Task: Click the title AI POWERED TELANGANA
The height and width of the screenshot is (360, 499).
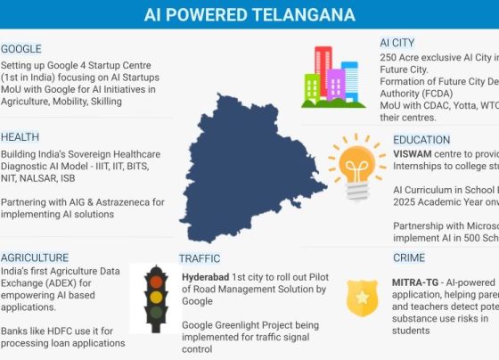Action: pyautogui.click(x=250, y=15)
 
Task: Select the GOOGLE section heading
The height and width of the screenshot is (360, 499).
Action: pyautogui.click(x=21, y=49)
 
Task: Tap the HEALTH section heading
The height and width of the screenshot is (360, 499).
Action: pyautogui.click(x=20, y=137)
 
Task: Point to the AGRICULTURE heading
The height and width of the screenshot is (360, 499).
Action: pyautogui.click(x=35, y=258)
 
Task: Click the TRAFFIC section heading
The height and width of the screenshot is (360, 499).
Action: pyautogui.click(x=199, y=258)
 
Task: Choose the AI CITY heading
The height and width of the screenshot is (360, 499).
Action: pyautogui.click(x=397, y=43)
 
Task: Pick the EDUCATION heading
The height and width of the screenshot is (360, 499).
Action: pyautogui.click(x=421, y=140)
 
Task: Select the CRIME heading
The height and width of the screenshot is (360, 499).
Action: pyautogui.click(x=409, y=258)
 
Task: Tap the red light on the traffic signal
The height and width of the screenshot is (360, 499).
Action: pyautogui.click(x=156, y=276)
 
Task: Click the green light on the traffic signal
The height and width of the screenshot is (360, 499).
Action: pyautogui.click(x=156, y=313)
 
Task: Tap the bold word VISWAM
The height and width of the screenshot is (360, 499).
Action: pyautogui.click(x=414, y=154)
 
